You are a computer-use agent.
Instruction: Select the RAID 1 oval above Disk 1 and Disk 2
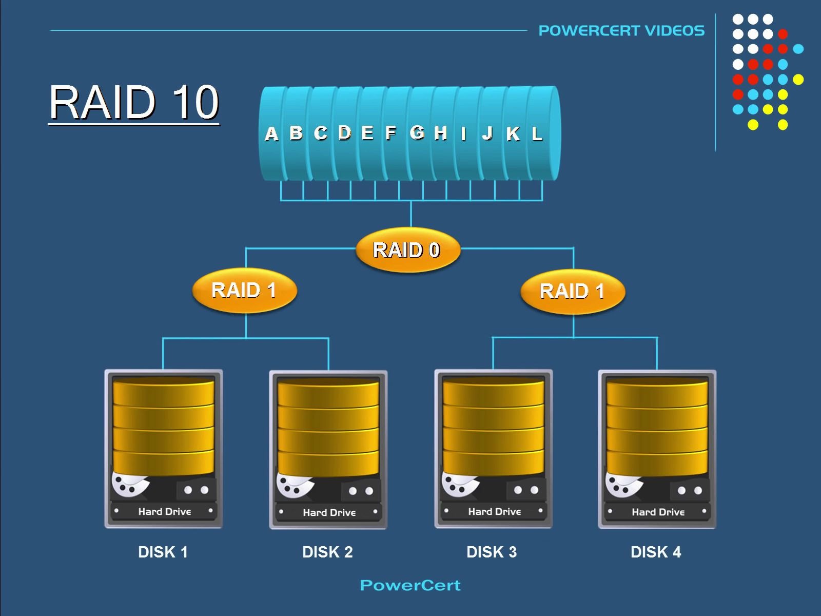point(244,290)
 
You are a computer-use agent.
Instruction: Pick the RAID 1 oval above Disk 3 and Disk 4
point(573,291)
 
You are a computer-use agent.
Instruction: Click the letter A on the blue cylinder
point(271,134)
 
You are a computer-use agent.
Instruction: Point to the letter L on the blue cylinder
point(537,134)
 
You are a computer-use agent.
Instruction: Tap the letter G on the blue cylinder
point(417,132)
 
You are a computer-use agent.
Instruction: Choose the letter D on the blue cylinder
point(345,132)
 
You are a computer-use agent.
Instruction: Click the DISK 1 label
point(163,552)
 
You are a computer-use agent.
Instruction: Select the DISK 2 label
point(327,552)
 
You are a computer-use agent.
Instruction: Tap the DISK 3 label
point(492,552)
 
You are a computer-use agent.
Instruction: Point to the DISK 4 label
point(656,552)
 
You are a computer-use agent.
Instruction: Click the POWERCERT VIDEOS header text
point(621,31)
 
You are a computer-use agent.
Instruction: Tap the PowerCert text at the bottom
point(411,585)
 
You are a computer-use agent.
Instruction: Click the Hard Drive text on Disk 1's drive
point(165,511)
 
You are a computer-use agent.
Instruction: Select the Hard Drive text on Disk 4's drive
point(658,512)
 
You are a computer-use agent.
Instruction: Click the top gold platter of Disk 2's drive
point(328,393)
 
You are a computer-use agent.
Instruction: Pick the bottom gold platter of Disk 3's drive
point(493,462)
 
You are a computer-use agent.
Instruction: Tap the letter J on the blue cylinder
point(487,133)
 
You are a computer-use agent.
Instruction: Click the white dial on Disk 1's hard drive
point(127,486)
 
